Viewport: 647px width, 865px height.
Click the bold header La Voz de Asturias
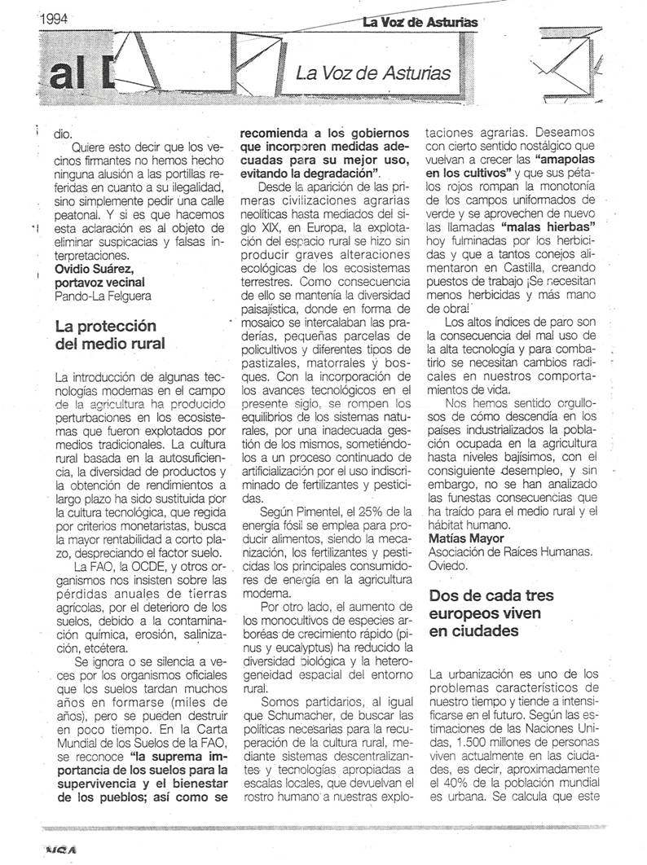420,22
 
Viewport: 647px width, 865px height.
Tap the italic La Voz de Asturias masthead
373,73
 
